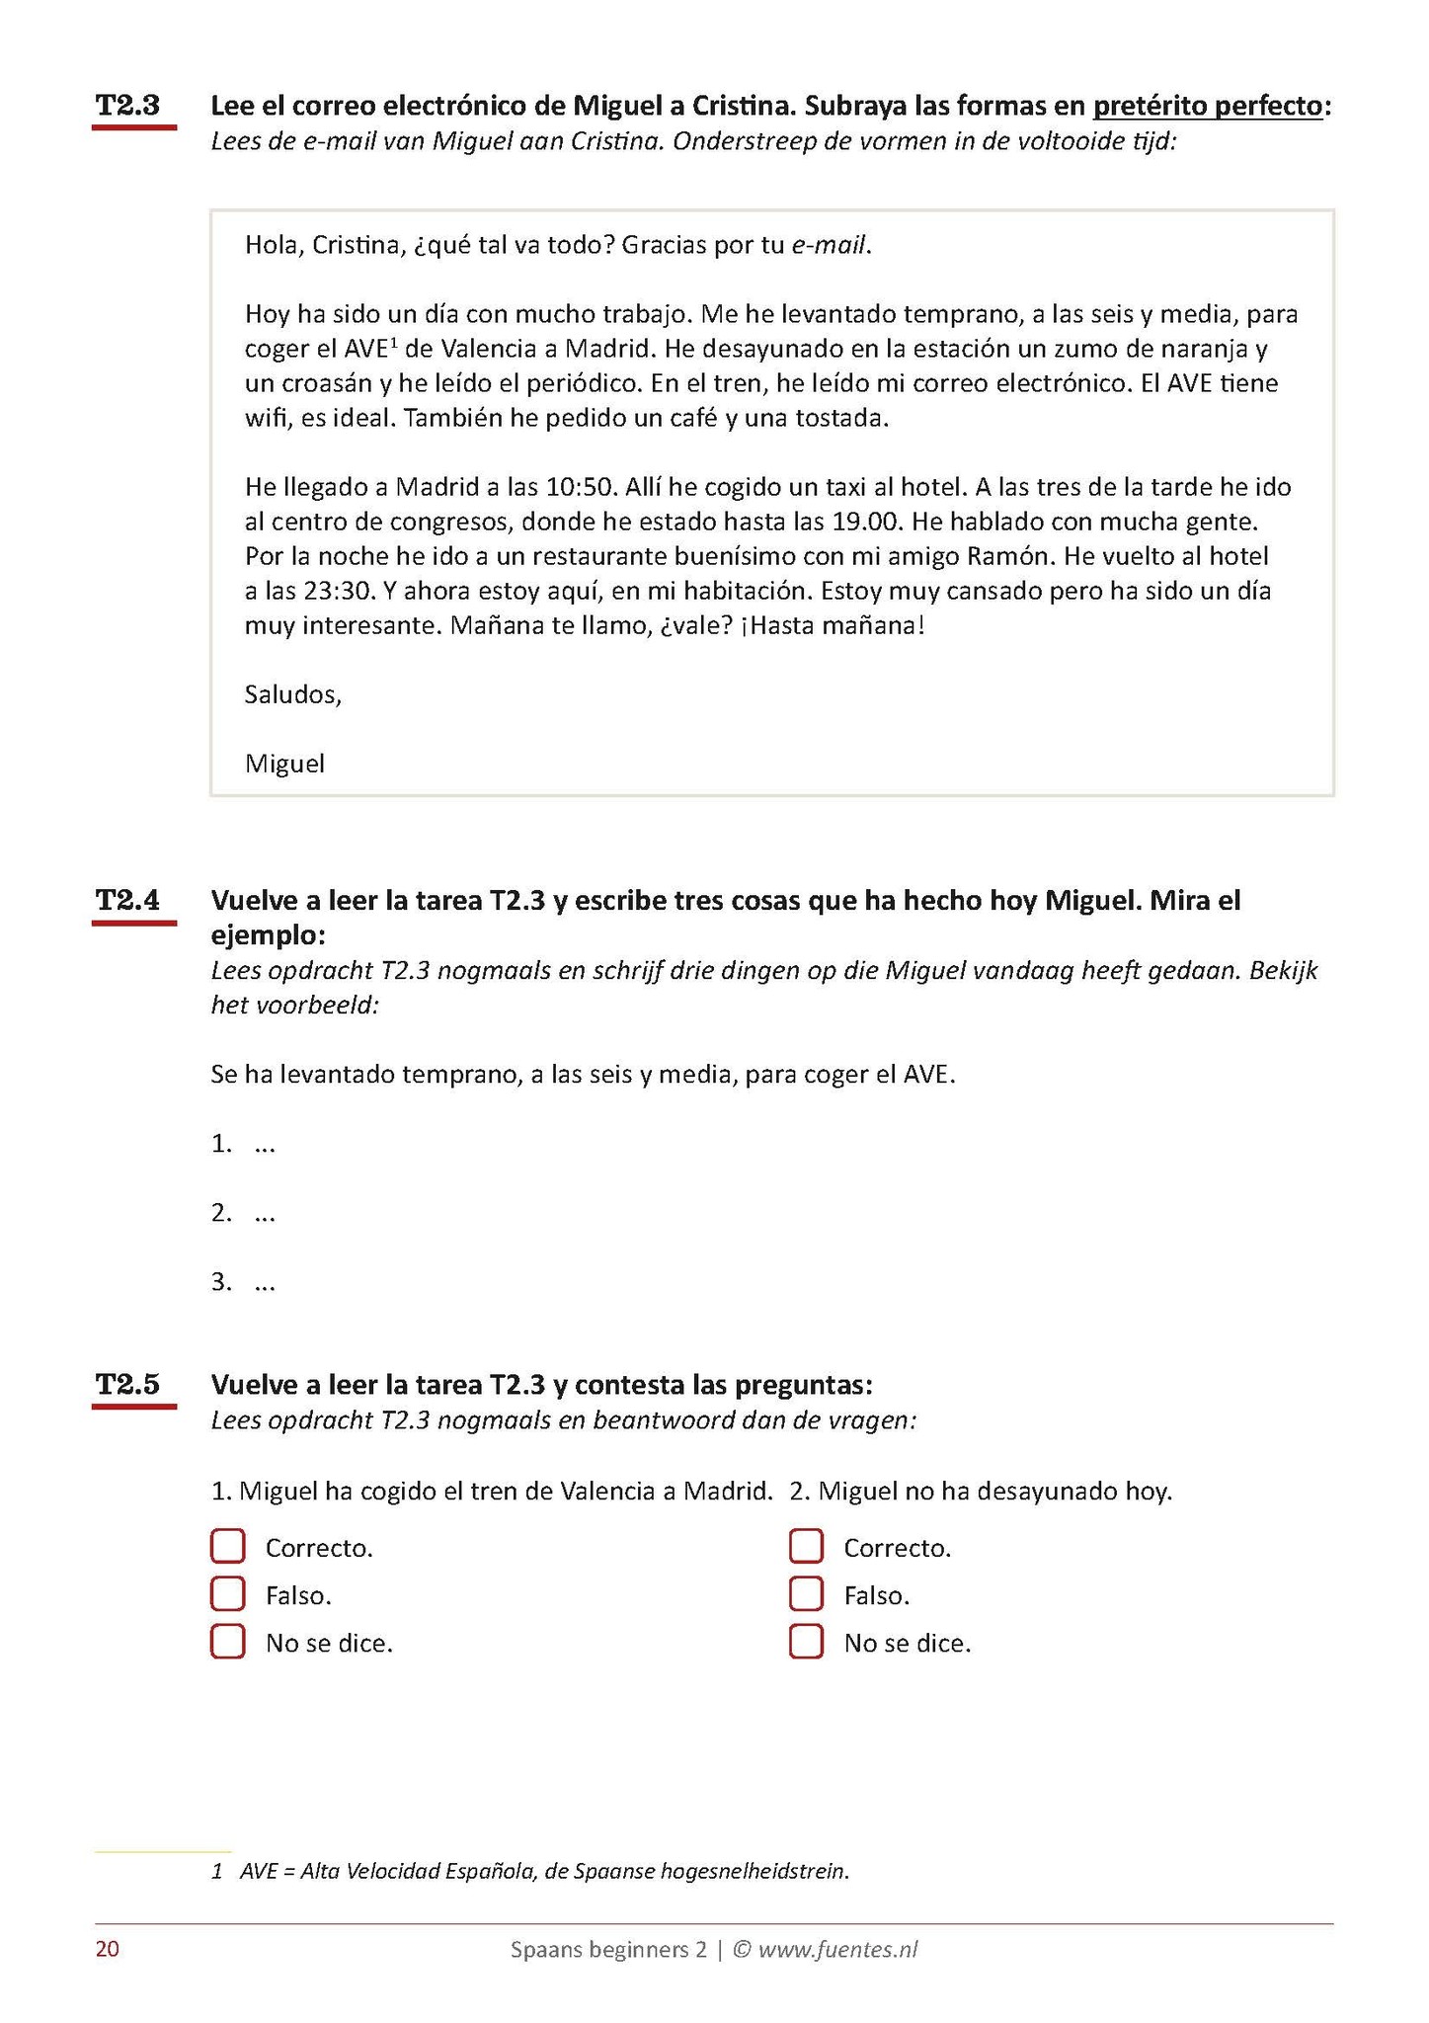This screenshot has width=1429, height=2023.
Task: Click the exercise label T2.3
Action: [x=127, y=106]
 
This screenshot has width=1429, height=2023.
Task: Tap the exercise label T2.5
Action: [x=127, y=1384]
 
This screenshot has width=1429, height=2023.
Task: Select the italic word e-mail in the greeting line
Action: [x=830, y=245]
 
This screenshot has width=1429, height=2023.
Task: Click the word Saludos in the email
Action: [x=292, y=694]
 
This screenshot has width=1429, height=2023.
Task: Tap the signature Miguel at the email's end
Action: [x=285, y=764]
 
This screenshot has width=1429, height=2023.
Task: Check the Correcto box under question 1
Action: [x=228, y=1547]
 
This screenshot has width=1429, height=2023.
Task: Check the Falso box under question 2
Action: [x=806, y=1594]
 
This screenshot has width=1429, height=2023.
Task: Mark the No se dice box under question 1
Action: [x=228, y=1642]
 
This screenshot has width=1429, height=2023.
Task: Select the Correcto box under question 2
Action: [x=806, y=1547]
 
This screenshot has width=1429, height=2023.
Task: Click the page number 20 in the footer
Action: [x=108, y=1949]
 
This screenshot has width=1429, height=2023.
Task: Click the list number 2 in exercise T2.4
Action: [x=221, y=1213]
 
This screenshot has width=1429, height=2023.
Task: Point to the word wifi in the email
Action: [x=266, y=418]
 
